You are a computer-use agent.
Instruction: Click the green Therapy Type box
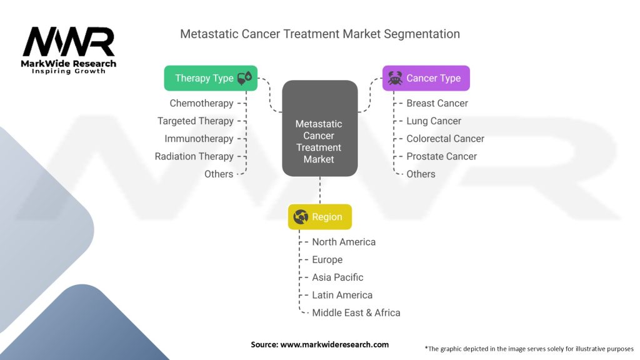tap(211, 78)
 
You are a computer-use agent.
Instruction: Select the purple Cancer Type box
tap(426, 78)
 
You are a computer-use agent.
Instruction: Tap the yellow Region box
tap(320, 217)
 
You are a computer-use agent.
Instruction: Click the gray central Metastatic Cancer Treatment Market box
tap(320, 128)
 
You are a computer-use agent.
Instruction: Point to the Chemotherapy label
tap(202, 103)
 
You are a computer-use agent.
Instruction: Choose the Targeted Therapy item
tap(196, 121)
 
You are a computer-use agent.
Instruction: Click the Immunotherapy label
tap(199, 139)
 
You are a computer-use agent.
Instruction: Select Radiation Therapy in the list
tap(194, 156)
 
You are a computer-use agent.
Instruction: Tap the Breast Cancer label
tap(437, 103)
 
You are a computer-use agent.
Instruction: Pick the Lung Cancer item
tap(434, 121)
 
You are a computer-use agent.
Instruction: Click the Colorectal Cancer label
tap(445, 139)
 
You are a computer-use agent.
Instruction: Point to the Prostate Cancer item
tap(442, 156)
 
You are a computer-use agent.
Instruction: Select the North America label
tap(344, 242)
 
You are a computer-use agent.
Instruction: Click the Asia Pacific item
tap(337, 277)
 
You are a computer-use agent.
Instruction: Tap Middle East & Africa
tap(356, 312)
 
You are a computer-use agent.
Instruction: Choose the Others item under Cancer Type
tap(421, 174)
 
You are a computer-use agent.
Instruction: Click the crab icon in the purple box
tap(395, 78)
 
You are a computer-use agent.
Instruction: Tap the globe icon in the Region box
tap(301, 217)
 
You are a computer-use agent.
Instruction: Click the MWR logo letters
tap(69, 42)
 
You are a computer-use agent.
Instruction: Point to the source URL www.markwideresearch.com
tap(334, 344)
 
